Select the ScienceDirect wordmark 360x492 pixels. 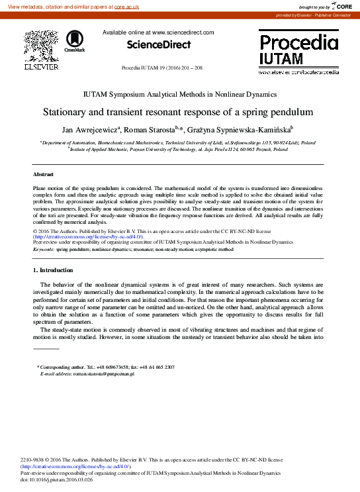coord(159,45)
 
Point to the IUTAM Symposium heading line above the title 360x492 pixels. coord(179,95)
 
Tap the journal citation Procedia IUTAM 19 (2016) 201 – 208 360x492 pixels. coord(162,68)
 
